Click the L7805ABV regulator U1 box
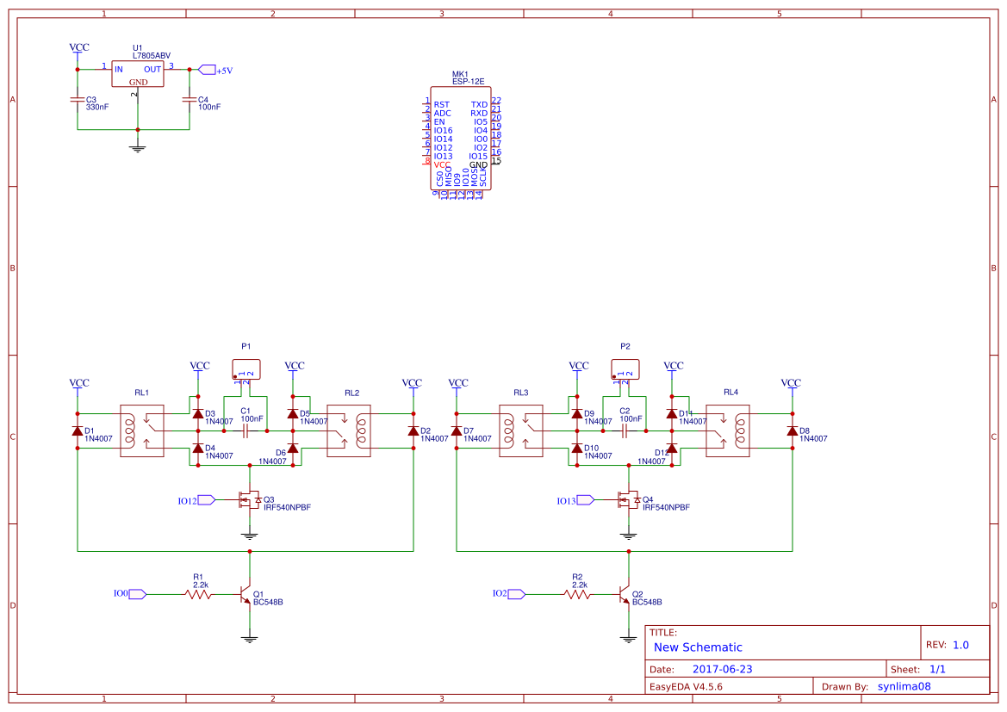138,74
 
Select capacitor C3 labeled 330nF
78,101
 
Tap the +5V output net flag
207,70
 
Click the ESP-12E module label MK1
460,75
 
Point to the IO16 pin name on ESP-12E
443,131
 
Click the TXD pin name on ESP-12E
479,105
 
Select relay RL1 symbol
141,430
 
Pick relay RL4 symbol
727,430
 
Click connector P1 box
246,369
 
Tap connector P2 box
625,369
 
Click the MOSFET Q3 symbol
250,500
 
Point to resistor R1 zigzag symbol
198,594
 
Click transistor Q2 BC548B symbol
625,595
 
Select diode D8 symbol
792,431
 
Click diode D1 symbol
78,431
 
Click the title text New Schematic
698,647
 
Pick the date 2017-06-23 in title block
722,669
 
